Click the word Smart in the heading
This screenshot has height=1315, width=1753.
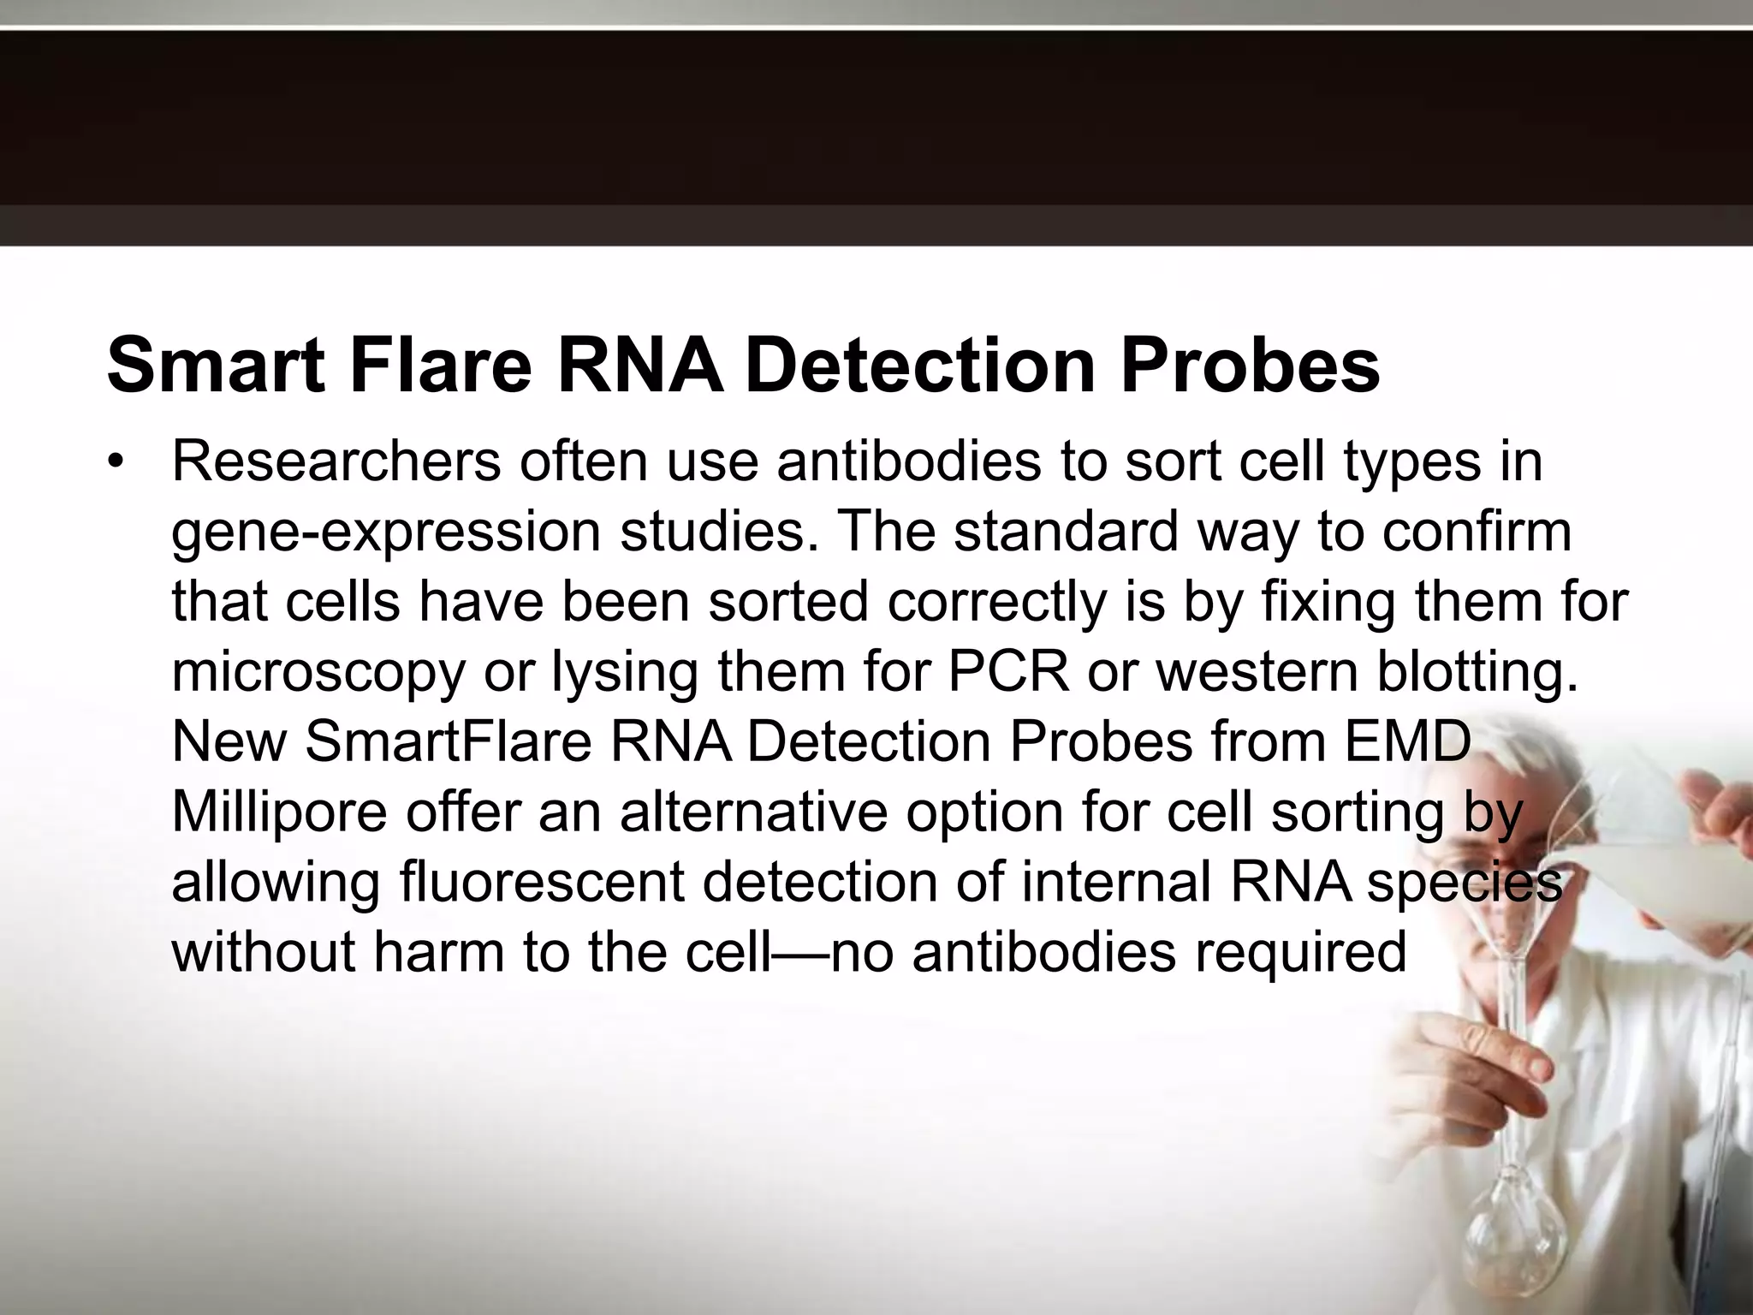pos(215,366)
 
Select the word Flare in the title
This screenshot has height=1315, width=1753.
pos(440,366)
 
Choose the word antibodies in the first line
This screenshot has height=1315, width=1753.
pos(909,462)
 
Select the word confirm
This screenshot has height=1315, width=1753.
pos(1477,531)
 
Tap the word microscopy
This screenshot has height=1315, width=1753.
pos(318,673)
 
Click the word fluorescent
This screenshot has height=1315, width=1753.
pos(542,882)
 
